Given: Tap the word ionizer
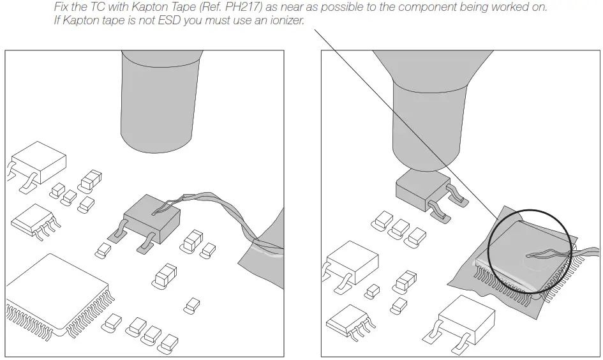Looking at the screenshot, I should (x=285, y=20).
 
